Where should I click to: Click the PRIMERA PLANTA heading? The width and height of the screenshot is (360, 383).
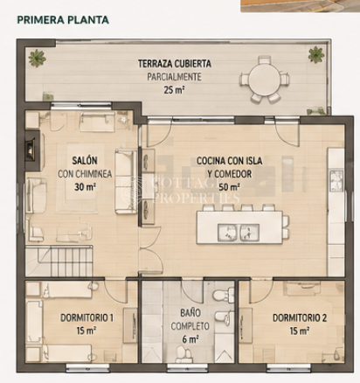pos(63,20)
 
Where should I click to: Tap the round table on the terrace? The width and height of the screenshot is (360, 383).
pos(265,79)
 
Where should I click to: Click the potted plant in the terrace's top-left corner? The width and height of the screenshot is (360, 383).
pos(37,58)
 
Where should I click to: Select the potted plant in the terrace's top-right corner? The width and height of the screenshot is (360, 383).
pos(316,54)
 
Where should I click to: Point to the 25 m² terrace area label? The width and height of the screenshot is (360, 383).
pos(174,90)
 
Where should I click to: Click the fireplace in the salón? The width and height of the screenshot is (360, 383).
pos(31,150)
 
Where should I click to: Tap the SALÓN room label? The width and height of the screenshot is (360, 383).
pos(85,160)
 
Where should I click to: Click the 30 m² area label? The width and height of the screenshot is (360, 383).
pos(85,186)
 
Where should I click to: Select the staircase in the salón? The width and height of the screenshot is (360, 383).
pos(59,261)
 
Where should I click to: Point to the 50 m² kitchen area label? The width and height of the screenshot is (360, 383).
pos(229,187)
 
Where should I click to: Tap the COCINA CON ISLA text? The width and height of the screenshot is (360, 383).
pos(229,161)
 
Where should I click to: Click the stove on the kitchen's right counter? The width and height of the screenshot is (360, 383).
pos(336,180)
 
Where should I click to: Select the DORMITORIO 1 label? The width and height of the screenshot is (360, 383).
pos(87,317)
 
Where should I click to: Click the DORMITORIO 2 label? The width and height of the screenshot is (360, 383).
pos(300,317)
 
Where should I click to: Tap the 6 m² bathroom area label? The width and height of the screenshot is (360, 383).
pos(190,339)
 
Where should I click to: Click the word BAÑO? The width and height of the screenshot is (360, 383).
pos(190,313)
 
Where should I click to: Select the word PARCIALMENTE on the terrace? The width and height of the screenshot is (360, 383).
pos(174,77)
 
